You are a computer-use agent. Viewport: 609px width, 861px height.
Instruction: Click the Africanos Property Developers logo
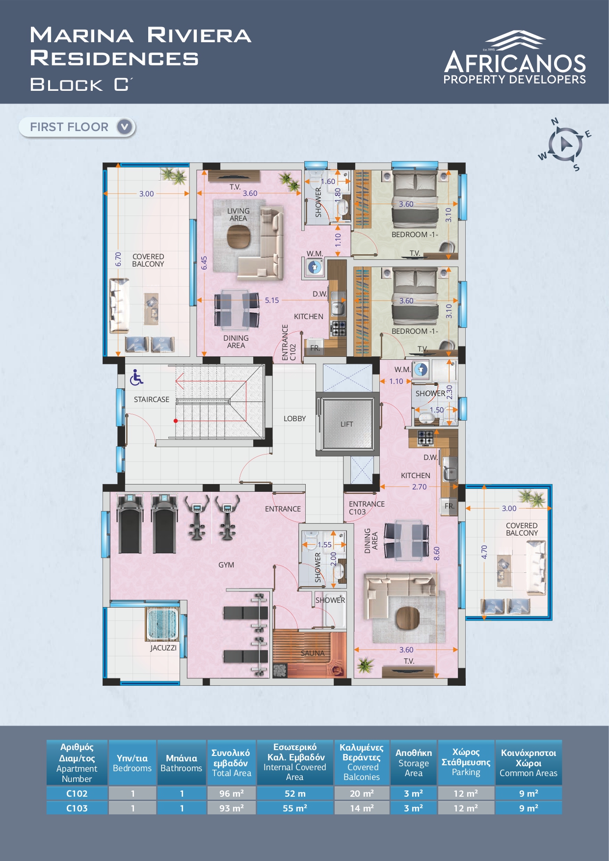515,57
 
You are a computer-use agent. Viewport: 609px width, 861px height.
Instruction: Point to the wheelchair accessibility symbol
136,377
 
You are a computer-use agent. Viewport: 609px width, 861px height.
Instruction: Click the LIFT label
347,424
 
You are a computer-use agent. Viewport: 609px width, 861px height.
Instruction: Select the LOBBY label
294,419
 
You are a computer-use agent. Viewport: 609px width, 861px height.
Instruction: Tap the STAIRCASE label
152,400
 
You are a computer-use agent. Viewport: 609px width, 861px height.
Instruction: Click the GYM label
226,565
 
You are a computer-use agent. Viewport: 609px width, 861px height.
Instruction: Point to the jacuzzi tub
162,624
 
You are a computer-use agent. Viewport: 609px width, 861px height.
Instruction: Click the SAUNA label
313,653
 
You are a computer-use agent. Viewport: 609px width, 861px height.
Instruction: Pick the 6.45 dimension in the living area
204,263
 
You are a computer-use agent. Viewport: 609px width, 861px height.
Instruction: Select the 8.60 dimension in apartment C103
437,553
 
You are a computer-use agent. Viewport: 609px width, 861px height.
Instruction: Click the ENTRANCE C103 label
367,508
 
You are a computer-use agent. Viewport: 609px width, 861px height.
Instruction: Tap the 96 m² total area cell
232,793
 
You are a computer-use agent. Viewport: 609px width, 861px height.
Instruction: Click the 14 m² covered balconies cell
362,808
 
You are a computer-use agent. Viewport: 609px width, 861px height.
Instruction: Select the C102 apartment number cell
77,793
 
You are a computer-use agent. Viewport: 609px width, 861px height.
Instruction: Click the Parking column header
466,762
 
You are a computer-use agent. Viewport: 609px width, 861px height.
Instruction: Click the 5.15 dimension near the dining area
272,300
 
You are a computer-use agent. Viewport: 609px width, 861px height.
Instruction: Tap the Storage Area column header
414,762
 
